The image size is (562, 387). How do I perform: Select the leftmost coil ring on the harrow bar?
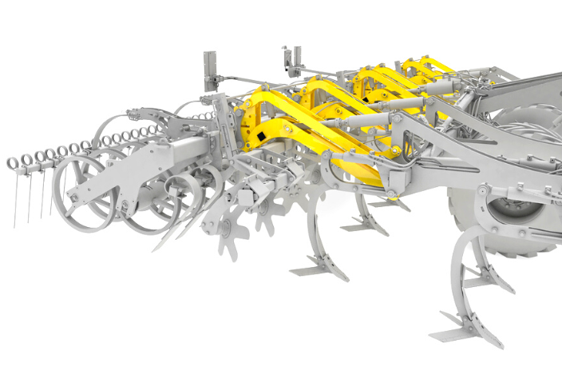click(x=13, y=163)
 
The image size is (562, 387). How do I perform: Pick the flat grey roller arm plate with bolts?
click(x=128, y=171)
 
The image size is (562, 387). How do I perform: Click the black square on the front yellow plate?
click(x=260, y=142)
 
